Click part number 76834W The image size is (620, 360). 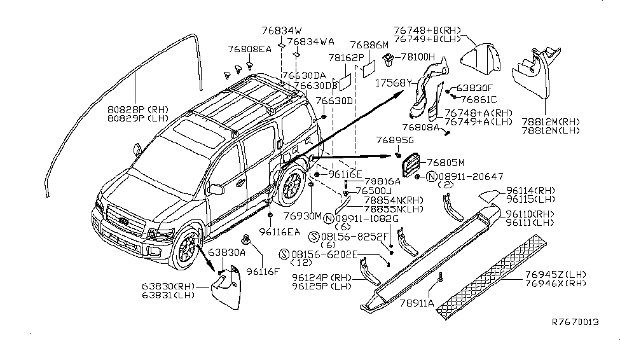[280, 30]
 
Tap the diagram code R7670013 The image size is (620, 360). [574, 322]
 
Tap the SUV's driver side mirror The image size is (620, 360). [217, 189]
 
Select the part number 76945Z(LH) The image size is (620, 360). [555, 274]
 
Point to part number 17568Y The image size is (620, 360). [393, 82]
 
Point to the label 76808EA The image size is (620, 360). [249, 48]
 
